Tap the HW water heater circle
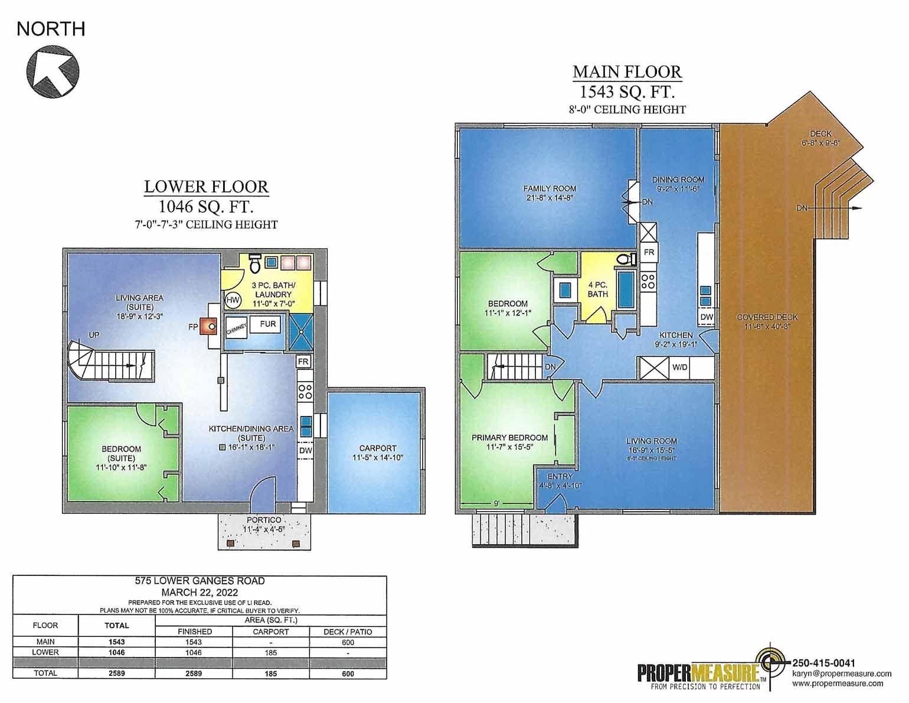(233, 301)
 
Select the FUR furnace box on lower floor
(267, 324)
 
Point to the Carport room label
(378, 448)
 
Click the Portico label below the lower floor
(264, 520)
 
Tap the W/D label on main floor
(680, 367)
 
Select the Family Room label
(550, 188)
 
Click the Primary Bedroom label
(509, 438)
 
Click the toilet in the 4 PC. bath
(626, 258)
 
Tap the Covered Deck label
(767, 317)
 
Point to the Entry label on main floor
(560, 477)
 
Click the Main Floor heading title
(627, 72)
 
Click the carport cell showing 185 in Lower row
(271, 653)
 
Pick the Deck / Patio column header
(348, 632)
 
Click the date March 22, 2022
(200, 592)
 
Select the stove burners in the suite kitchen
(305, 390)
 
